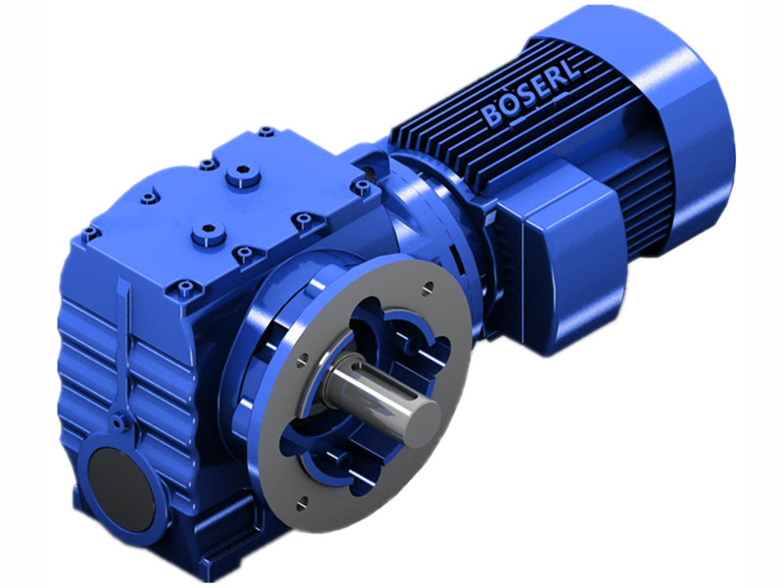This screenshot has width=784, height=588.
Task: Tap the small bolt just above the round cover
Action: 119,423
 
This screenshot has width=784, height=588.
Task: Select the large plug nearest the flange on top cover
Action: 203,233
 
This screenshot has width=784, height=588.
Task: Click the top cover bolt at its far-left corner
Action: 90,233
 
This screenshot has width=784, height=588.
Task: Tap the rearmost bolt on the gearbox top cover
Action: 266,130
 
